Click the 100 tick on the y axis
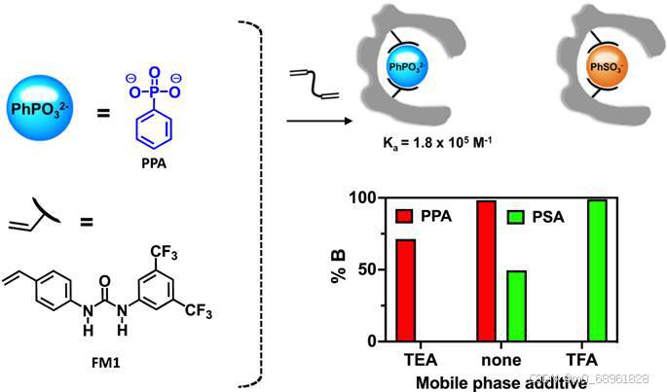click(363, 198)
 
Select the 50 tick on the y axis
click(367, 269)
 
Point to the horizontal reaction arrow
click(317, 122)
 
